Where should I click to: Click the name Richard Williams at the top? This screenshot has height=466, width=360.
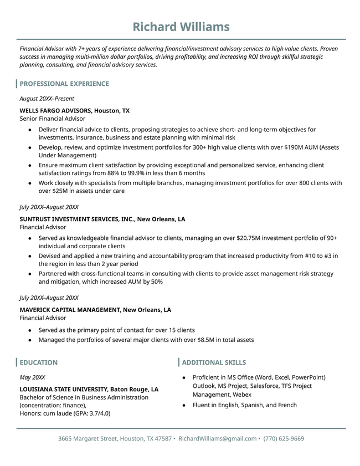181,27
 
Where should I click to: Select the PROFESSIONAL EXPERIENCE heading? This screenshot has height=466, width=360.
64,84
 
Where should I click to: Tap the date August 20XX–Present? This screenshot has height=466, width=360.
47,99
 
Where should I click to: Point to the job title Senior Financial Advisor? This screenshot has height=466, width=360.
52,119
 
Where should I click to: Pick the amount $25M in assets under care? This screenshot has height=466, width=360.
54,191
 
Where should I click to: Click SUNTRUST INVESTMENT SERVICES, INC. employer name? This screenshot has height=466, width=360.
77,219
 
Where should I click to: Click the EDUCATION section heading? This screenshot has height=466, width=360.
38,362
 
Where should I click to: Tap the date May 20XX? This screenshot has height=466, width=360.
32,377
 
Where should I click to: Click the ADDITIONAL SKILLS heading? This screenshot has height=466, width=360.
214,362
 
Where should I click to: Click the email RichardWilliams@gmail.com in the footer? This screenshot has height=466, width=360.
218,438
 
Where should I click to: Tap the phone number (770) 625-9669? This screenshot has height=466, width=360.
284,438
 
